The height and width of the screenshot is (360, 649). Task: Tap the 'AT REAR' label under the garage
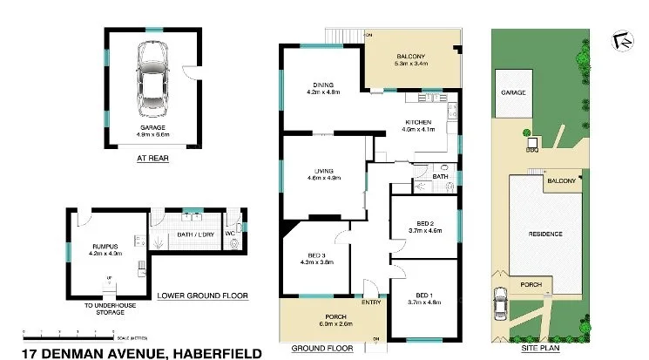152,159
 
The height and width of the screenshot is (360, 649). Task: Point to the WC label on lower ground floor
230,233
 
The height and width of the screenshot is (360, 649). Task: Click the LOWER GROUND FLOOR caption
203,295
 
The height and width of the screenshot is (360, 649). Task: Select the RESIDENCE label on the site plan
546,234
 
